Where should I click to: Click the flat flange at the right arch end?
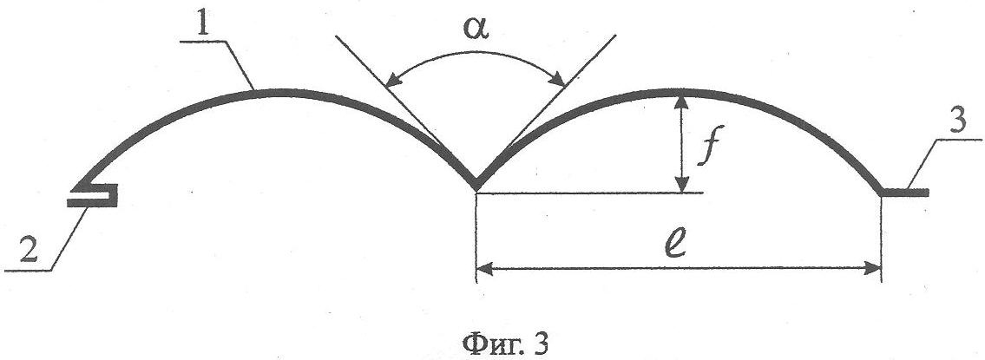pyautogui.click(x=905, y=193)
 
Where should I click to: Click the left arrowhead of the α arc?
pyautogui.click(x=393, y=80)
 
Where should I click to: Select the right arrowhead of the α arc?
pyautogui.click(x=557, y=79)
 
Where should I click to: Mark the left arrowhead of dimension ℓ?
pyautogui.click(x=485, y=270)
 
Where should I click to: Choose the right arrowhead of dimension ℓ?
pyautogui.click(x=873, y=270)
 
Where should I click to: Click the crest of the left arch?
pyautogui.click(x=276, y=92)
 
